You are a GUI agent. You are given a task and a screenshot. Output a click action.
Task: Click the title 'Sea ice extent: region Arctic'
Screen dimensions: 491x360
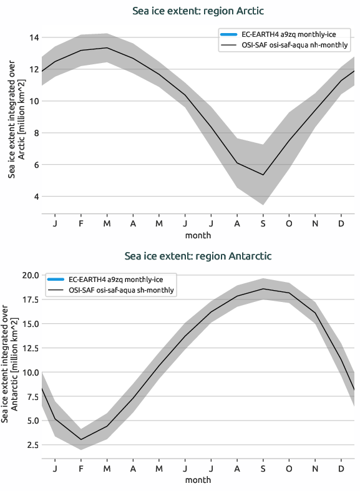[x=198, y=11]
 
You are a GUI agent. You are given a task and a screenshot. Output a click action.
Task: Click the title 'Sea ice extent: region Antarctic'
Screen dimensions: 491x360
[x=198, y=256]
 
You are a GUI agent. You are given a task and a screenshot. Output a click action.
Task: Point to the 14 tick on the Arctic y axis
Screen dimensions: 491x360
[x=33, y=37]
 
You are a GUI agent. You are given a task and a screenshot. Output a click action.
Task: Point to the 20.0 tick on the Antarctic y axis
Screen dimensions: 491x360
[x=29, y=275]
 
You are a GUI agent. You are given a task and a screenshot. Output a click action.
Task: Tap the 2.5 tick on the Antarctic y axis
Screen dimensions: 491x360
[x=31, y=445]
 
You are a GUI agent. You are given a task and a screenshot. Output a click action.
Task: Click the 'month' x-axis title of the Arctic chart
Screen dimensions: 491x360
[x=198, y=235]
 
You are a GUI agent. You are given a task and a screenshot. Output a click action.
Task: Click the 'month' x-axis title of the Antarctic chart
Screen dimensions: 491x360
[x=198, y=480]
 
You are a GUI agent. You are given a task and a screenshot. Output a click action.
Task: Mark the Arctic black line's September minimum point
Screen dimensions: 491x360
[x=263, y=175]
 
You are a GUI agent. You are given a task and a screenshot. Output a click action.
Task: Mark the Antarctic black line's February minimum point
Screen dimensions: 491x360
[x=80, y=439]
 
